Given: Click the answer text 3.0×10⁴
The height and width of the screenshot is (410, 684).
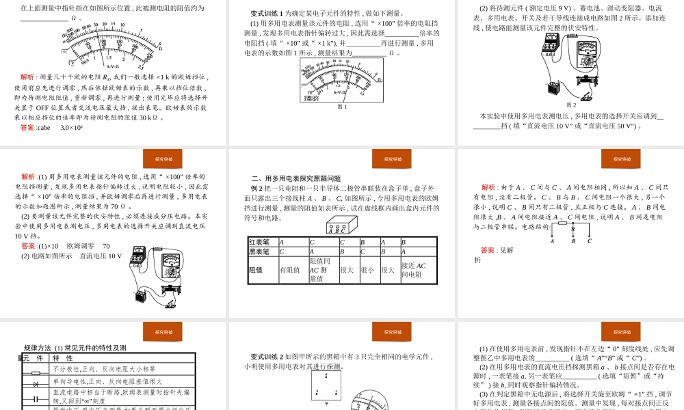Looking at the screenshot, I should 71,128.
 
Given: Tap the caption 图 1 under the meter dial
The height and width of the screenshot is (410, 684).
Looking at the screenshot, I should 342,106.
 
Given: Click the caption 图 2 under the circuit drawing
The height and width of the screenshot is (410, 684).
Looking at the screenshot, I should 571,105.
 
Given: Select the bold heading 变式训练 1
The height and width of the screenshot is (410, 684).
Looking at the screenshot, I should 269,13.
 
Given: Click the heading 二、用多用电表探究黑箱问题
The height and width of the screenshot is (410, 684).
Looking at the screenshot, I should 295,178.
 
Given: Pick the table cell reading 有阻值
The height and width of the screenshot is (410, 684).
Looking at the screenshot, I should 290,270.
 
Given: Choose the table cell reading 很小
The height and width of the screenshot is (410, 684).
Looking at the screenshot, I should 367,270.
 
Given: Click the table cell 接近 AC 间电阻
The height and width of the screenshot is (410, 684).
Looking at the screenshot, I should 414,270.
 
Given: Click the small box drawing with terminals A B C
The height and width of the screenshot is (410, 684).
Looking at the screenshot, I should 341,225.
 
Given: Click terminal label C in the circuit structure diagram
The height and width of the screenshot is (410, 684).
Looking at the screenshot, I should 589,241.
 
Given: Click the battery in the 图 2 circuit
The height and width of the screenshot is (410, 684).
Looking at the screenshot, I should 555,87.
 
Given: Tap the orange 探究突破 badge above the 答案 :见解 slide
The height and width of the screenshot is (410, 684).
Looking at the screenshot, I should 621,159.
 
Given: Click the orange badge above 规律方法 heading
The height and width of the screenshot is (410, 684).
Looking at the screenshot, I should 163,332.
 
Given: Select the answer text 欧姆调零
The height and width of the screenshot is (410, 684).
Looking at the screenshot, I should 81,246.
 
